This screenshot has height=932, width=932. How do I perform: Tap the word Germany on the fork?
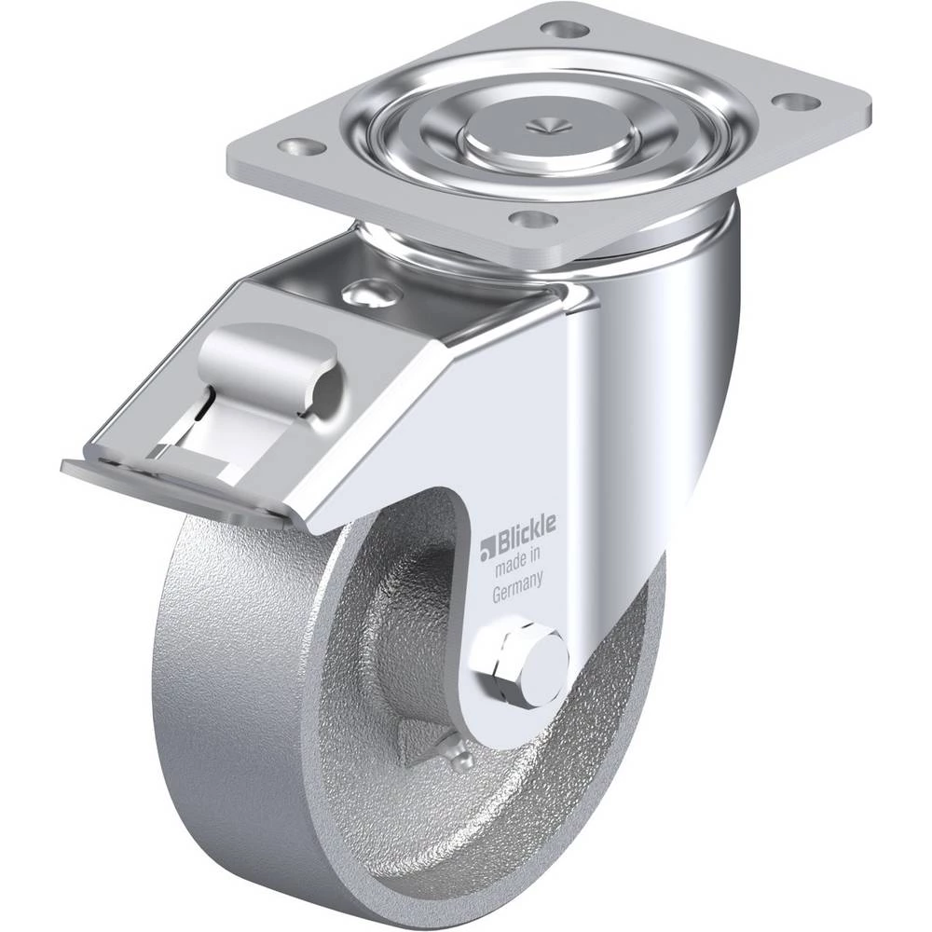pos(517,588)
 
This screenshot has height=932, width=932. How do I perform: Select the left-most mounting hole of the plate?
pos(303,145)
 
